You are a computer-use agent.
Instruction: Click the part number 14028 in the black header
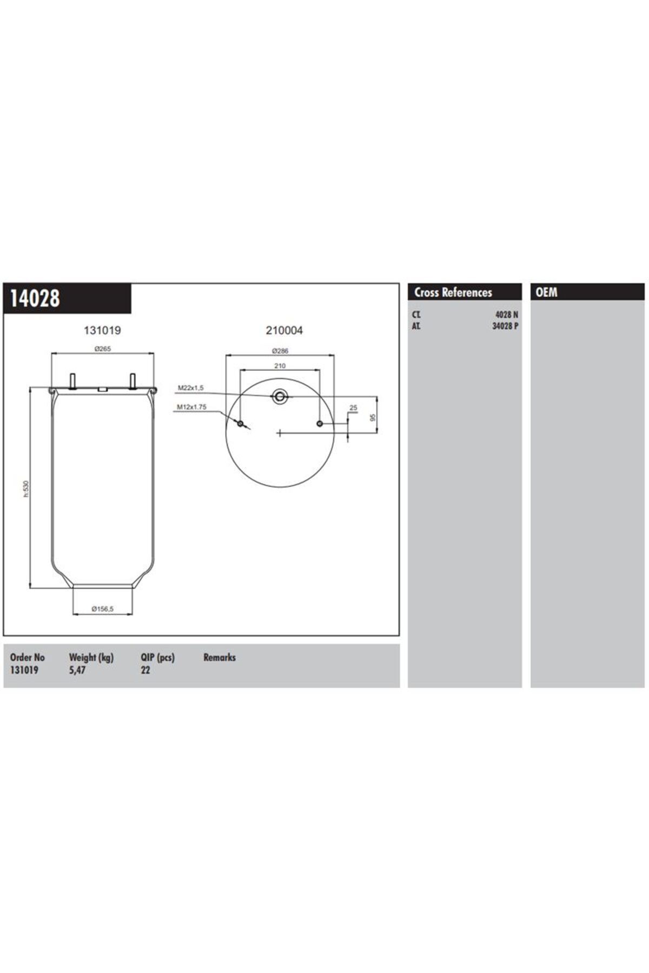(x=35, y=298)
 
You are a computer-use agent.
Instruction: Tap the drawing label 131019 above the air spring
(x=102, y=330)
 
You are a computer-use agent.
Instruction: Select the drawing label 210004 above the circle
(x=284, y=330)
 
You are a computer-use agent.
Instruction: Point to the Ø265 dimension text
(x=102, y=349)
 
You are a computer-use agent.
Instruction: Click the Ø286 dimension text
(x=280, y=351)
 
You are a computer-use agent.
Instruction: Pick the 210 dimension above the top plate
(x=280, y=366)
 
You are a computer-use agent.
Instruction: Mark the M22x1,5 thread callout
(x=190, y=388)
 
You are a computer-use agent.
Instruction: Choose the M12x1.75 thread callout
(x=191, y=408)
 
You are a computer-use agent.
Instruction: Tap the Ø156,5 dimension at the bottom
(x=102, y=609)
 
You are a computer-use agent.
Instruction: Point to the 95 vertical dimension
(x=372, y=418)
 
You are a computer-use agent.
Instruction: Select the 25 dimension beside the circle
(x=353, y=408)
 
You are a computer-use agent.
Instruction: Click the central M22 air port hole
(x=280, y=397)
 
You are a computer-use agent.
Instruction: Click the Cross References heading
(x=453, y=292)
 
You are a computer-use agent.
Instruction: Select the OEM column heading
(x=546, y=292)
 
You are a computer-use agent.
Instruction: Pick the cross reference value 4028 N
(x=507, y=315)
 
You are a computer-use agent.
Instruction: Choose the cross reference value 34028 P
(x=505, y=326)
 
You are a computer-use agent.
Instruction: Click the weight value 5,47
(x=77, y=670)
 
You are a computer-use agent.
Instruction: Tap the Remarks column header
(x=220, y=658)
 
